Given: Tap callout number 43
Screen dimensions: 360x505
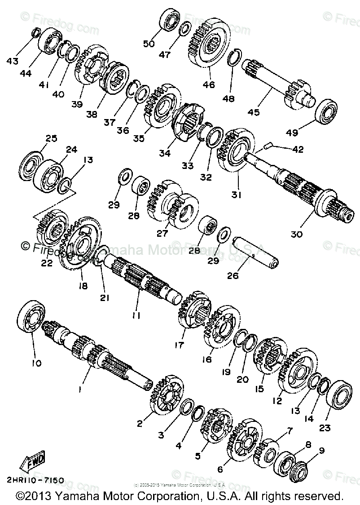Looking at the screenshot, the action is [x=12, y=60].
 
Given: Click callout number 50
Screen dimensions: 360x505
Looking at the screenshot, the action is [x=148, y=44].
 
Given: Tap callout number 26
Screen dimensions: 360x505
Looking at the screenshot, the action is [x=233, y=276].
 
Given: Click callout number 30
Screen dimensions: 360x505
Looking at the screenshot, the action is [x=297, y=234].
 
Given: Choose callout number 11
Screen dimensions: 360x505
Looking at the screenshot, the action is [x=136, y=315].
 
